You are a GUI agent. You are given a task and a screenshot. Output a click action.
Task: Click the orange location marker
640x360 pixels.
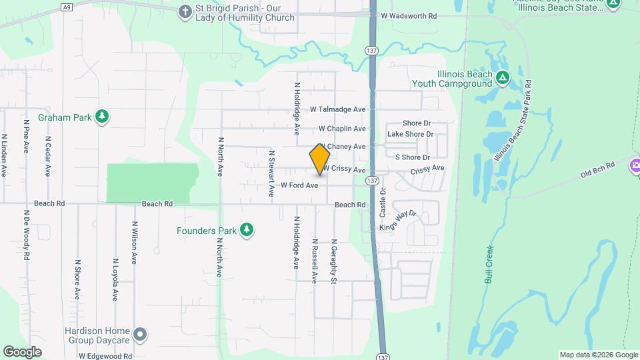tap(320, 159)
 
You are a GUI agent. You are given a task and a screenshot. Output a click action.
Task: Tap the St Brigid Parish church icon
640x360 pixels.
tap(185, 11)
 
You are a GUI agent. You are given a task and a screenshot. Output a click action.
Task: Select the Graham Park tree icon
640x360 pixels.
tap(102, 117)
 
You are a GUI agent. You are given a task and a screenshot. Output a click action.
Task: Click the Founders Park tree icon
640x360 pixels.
tap(247, 230)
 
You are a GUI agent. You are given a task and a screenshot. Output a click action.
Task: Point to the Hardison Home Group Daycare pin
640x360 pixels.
tap(139, 333)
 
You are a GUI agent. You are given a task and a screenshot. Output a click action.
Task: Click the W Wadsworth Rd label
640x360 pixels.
tap(408, 15)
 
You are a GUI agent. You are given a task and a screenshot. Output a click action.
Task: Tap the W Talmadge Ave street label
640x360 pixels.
tap(338, 109)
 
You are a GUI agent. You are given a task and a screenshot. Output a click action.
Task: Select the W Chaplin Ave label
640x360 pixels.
tap(342, 129)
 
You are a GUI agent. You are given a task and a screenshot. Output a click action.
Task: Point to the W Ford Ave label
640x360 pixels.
tap(299, 185)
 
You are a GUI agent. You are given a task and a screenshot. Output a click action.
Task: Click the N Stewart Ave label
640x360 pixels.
tap(272, 173)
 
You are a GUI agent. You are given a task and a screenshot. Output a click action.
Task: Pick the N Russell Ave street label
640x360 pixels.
tap(314, 262)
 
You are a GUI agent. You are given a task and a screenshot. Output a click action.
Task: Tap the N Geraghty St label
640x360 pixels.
tap(333, 262)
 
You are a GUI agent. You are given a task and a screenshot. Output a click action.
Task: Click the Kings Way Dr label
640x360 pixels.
tap(397, 221)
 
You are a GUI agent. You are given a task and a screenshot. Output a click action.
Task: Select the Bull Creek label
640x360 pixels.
tap(489, 262)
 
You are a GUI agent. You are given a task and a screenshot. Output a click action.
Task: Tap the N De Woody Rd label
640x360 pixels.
tap(27, 237)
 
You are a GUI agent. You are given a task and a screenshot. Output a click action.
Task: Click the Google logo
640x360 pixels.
tap(22, 351)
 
